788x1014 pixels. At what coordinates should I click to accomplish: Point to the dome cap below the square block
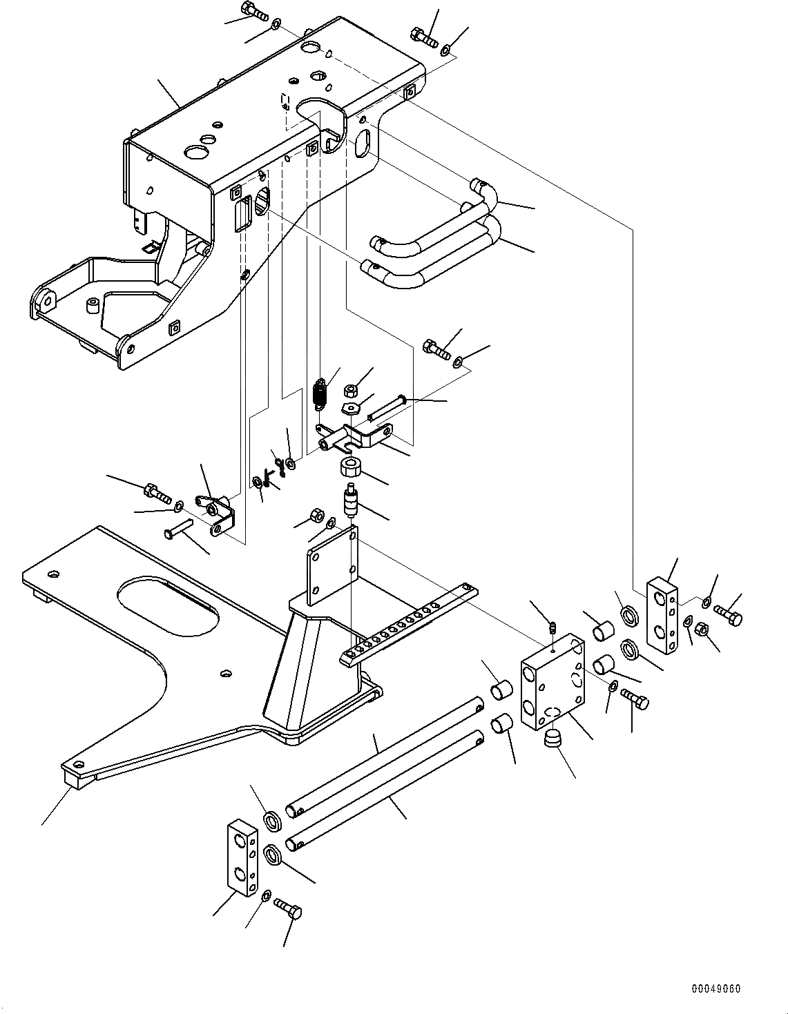(x=553, y=739)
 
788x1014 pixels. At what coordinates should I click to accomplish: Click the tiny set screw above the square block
(x=552, y=627)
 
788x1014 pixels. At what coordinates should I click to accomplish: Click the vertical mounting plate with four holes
(x=332, y=565)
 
